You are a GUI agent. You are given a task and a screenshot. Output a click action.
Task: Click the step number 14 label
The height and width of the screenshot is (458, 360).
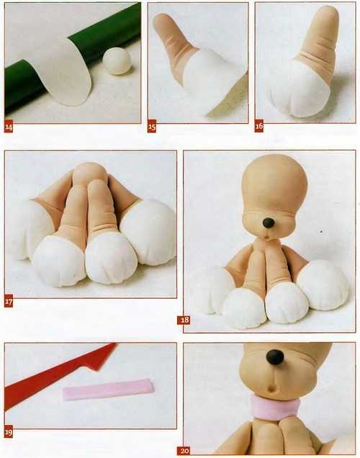coord(9,127)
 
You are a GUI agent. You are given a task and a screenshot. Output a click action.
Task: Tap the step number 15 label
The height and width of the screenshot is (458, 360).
coord(151,127)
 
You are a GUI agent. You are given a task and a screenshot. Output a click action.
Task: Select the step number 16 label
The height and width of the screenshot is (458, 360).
coord(258,126)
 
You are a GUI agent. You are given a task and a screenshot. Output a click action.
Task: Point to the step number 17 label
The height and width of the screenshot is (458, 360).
coord(9,302)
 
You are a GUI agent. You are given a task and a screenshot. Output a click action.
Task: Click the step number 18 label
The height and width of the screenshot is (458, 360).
coord(184,320)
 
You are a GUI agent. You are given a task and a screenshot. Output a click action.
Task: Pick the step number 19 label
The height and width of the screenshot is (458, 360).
coord(9,432)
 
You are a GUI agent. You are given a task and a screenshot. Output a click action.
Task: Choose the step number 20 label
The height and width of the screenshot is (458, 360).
coord(184,451)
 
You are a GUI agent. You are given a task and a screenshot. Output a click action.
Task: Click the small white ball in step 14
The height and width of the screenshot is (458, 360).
coord(117,62)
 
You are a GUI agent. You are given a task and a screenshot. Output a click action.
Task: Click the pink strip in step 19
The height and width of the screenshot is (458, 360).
coord(108,390)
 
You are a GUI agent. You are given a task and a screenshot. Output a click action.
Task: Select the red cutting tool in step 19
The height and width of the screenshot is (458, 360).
coord(58,374)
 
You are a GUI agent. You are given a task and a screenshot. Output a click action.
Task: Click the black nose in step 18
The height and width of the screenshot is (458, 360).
coord(269,223)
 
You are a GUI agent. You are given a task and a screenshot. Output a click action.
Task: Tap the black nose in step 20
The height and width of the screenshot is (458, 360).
coord(275,357)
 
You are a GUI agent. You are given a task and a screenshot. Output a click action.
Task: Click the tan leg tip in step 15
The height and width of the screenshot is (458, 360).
coord(163,21)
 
